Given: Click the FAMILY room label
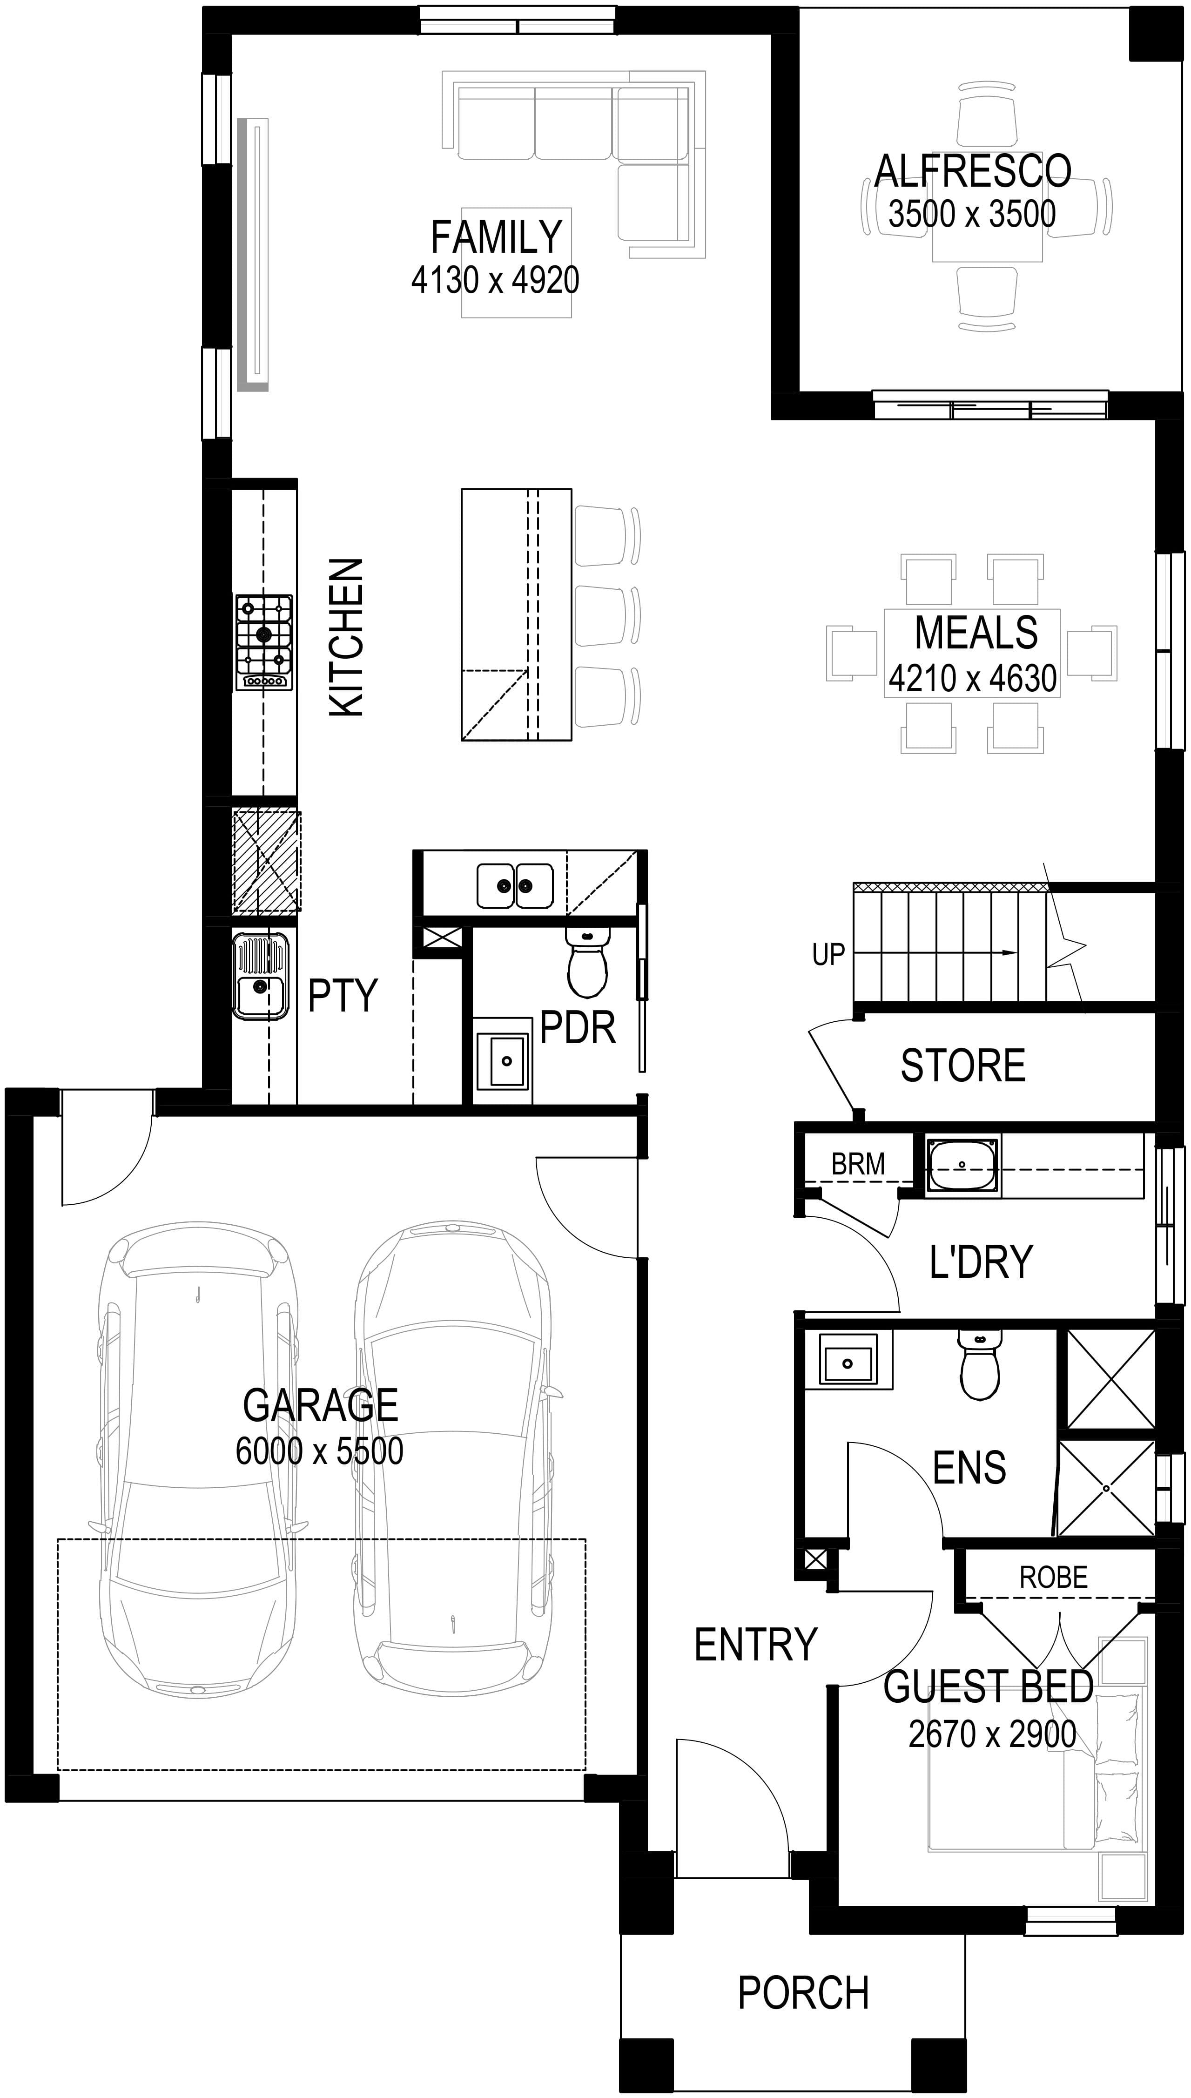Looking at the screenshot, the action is click(x=496, y=237).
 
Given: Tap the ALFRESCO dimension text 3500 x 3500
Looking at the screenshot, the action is click(x=972, y=214).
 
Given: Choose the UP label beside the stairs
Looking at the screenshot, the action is click(x=828, y=955).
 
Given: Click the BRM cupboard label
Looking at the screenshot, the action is click(x=858, y=1163).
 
